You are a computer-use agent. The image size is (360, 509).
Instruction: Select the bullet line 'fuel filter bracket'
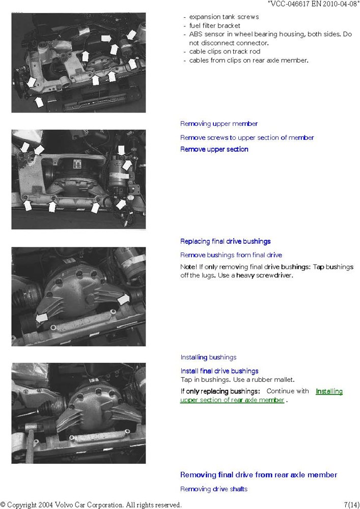point(214,25)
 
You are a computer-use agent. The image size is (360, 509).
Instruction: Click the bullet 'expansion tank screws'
point(224,17)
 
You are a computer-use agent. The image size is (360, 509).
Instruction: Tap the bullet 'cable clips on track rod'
point(225,51)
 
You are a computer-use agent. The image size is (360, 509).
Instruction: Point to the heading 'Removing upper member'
point(219,124)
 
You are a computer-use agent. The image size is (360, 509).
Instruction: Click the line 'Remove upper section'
point(214,149)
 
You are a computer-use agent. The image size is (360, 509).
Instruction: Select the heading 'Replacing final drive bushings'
point(225,241)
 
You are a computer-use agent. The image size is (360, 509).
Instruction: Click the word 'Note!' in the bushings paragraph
point(188,267)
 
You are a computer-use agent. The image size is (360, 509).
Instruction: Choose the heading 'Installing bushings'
point(208,357)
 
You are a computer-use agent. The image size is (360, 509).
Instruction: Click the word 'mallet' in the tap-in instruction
point(284,380)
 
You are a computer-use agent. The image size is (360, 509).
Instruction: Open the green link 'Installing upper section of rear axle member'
point(261,395)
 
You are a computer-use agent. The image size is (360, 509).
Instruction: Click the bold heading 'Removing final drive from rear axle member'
point(259,475)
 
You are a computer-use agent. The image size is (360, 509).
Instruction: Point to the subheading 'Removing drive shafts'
point(213,489)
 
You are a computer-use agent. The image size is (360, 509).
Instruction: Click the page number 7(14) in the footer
point(351,505)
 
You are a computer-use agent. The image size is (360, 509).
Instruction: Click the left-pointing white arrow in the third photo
point(42,318)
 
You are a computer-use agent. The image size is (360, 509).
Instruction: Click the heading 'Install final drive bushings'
point(219,371)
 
